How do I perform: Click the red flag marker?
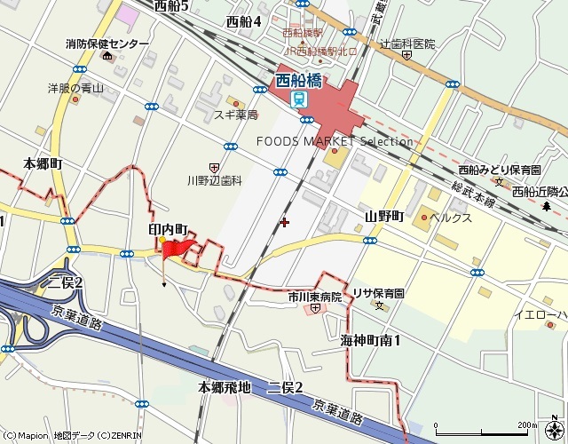(x=177, y=251)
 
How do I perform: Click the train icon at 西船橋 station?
(x=299, y=99)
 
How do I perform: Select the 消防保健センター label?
(x=107, y=44)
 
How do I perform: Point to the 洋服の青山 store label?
(x=76, y=88)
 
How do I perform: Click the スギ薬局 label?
(x=235, y=115)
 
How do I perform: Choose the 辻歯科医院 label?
(x=407, y=44)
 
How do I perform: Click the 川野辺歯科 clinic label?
(x=214, y=180)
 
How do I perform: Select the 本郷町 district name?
(x=43, y=163)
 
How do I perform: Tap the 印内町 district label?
(x=169, y=229)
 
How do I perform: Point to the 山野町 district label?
(x=383, y=217)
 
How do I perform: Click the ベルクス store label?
(x=451, y=218)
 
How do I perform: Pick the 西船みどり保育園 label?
(x=500, y=169)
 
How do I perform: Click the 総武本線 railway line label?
(x=473, y=188)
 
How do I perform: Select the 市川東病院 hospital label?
(x=314, y=297)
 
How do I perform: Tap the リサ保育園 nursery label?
(x=378, y=293)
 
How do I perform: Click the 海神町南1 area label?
(x=370, y=340)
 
